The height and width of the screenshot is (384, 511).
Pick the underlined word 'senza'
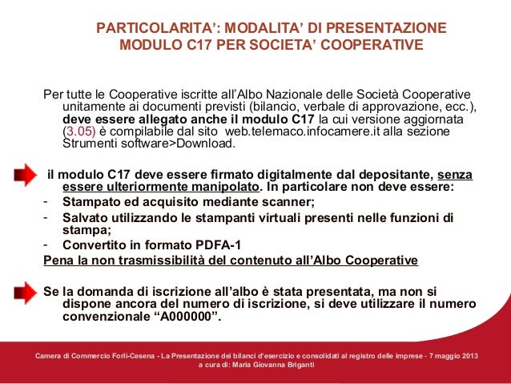pos(453,174)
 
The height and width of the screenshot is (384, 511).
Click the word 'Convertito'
pos(95,245)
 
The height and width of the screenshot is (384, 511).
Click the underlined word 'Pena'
pos(57,261)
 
